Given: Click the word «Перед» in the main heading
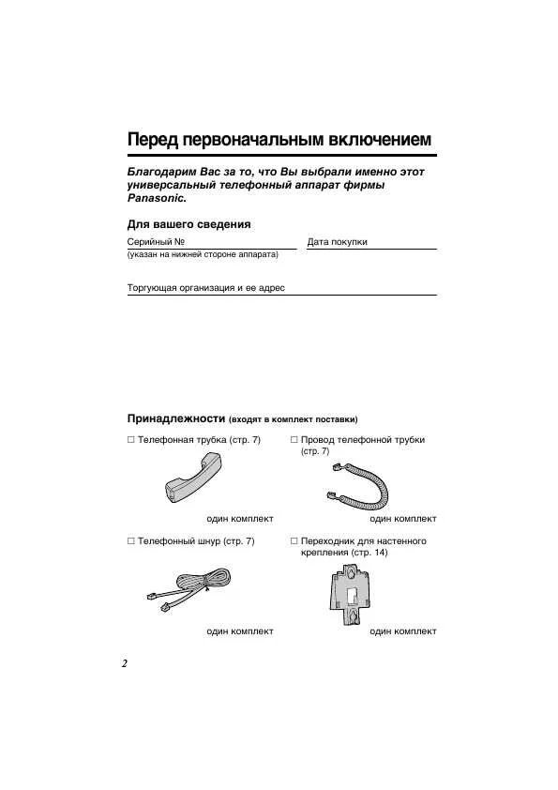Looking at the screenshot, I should [x=153, y=140].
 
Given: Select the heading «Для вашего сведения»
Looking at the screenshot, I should [x=189, y=224].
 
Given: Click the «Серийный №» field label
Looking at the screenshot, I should [x=156, y=242].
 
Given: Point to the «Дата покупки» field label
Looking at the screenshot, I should [x=337, y=242].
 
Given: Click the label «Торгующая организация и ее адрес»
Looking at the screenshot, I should [x=205, y=288].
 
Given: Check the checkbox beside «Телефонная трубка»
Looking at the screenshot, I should [x=131, y=440].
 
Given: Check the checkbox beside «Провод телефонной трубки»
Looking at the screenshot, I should [x=294, y=440].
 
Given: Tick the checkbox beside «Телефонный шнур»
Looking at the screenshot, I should [x=131, y=541].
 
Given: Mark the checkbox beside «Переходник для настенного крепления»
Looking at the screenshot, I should [x=294, y=541].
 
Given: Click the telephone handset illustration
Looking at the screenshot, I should [x=195, y=476].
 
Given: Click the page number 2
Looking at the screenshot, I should [x=124, y=663].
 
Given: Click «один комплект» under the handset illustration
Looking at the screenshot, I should [x=240, y=518].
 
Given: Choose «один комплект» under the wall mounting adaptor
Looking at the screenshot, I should [x=403, y=631].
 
